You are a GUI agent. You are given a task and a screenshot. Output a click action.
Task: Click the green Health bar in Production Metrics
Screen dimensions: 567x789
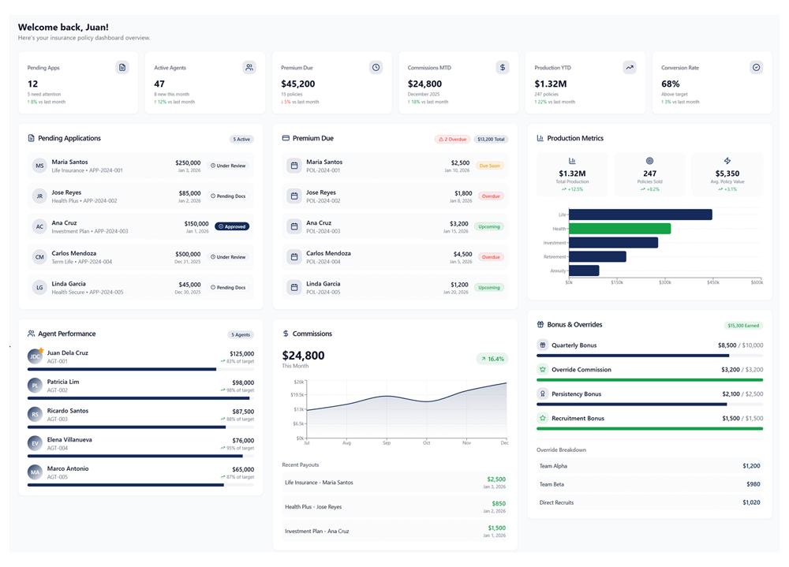[619, 229]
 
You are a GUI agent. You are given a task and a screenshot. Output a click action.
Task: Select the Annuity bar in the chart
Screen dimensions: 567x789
[584, 270]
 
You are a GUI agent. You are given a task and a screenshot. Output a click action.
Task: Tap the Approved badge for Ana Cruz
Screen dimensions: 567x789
[232, 226]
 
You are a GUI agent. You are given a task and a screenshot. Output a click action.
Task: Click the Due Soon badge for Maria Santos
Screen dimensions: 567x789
[489, 166]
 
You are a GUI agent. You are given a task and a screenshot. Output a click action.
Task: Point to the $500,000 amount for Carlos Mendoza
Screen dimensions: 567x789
[188, 254]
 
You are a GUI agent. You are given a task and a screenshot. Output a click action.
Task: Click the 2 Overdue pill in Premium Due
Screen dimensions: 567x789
[452, 139]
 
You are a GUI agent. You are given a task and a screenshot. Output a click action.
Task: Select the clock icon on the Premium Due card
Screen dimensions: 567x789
[376, 68]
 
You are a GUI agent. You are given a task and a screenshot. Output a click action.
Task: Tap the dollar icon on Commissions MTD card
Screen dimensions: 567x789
[503, 68]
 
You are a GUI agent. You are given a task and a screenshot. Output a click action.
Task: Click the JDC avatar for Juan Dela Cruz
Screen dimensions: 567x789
[35, 356]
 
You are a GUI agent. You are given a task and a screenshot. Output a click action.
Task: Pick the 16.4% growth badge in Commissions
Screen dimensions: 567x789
[492, 359]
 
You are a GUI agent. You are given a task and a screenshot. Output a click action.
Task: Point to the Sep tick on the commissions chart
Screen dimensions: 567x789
[387, 443]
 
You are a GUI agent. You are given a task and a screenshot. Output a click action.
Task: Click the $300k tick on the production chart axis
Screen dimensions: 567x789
[664, 282]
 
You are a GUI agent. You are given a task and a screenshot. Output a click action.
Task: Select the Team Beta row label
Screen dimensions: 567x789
[552, 484]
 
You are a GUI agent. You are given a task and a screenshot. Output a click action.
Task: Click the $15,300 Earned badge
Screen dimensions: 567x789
[744, 325]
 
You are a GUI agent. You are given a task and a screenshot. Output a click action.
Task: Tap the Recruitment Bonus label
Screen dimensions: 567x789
[578, 418]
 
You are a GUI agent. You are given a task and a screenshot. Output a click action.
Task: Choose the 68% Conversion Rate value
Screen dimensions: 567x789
[670, 84]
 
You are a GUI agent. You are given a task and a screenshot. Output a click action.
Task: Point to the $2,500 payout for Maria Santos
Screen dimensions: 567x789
[496, 479]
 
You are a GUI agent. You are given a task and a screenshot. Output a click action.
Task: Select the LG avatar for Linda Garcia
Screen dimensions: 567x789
[39, 287]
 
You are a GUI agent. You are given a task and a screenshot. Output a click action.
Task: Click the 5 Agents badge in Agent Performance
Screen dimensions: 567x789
[241, 334]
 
